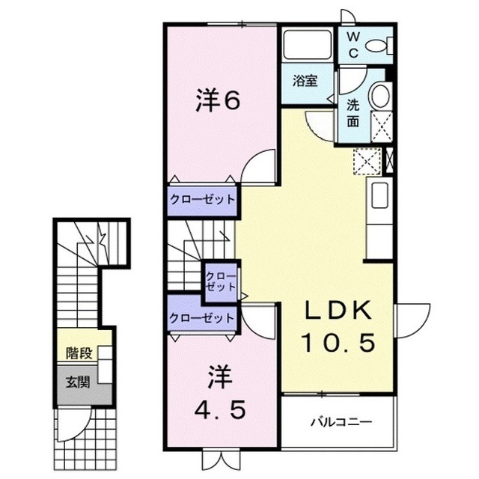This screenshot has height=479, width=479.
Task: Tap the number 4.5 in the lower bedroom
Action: (219, 409)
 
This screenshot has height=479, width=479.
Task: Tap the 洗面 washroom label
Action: (353, 112)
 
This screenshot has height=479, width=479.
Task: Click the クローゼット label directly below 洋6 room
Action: (202, 200)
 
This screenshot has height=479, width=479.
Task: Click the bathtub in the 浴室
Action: (307, 46)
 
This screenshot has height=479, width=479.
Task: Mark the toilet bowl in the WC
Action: (381, 47)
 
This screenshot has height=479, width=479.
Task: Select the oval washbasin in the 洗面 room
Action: (381, 97)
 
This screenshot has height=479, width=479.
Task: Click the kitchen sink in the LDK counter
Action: (379, 196)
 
